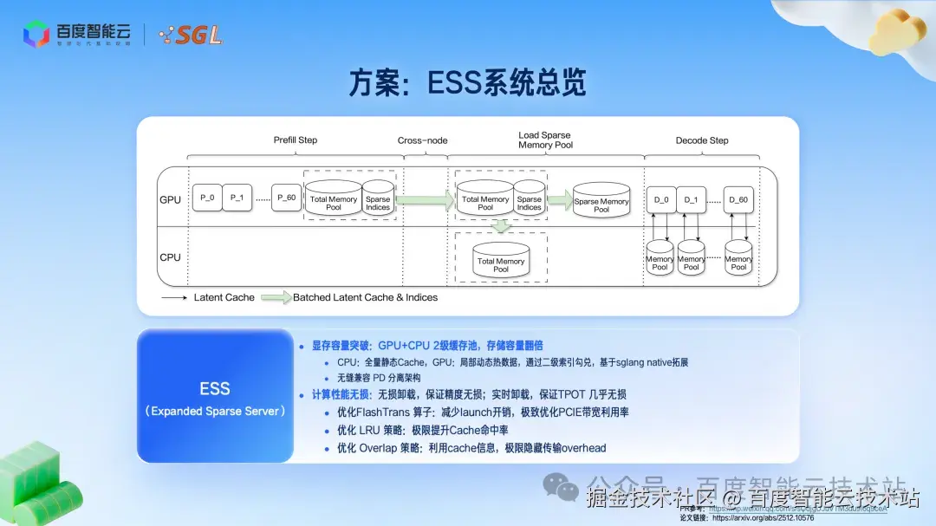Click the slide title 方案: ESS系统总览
[468, 83]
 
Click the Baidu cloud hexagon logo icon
[36, 34]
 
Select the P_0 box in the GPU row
[207, 198]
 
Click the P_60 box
[285, 198]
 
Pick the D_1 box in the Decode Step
[691, 199]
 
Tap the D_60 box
[738, 199]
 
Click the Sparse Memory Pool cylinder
[601, 202]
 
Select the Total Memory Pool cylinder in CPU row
[501, 262]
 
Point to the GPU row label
[170, 199]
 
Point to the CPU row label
[170, 257]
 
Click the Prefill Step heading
[296, 140]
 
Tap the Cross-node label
[422, 140]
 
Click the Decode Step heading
[702, 140]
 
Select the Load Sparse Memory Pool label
[544, 140]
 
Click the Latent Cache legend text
[224, 297]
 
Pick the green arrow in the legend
[276, 297]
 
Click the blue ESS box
[215, 396]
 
